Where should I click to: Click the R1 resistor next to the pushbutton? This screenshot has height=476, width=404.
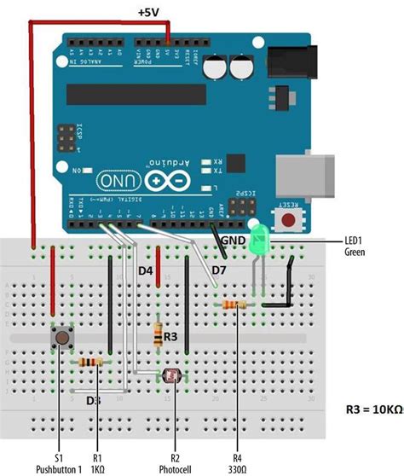(91, 362)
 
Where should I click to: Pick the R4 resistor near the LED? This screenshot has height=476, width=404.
(234, 305)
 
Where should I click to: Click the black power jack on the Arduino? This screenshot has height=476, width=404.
(289, 64)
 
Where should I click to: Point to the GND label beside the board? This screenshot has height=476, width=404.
(234, 241)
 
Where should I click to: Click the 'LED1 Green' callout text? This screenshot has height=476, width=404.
(355, 247)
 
